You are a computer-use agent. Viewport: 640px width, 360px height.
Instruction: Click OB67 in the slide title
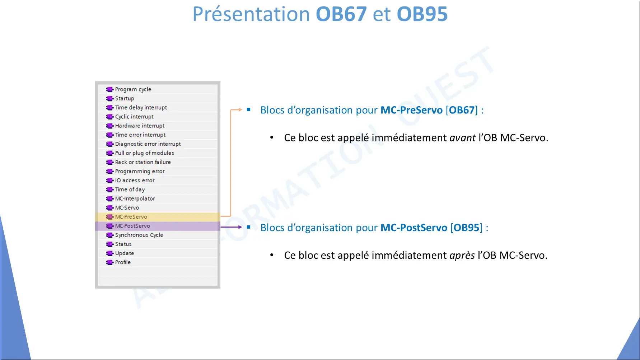pos(341,14)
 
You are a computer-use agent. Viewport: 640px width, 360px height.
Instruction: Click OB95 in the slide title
pos(422,14)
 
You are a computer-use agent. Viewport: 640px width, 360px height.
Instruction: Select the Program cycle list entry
pos(133,89)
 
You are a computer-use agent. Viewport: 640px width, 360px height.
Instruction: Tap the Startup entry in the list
pos(125,98)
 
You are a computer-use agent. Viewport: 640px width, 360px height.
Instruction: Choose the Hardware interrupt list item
pos(140,126)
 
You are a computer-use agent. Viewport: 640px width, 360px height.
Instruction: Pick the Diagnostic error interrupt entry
pos(148,144)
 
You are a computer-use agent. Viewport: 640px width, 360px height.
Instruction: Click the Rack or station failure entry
pos(143,162)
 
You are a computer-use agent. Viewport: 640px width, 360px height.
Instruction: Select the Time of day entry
pos(130,190)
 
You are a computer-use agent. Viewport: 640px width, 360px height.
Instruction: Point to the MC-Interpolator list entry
pos(135,198)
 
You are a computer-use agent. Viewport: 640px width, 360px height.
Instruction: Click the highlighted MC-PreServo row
pos(158,217)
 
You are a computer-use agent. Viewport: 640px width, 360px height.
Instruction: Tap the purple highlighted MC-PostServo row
pos(158,226)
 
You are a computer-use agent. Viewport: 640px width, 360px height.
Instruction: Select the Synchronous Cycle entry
pos(139,235)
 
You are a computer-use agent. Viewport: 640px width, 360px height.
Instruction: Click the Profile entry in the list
pos(123,262)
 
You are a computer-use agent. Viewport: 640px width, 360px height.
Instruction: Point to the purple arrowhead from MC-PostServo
pos(240,227)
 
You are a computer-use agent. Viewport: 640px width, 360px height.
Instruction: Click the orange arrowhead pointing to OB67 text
pos(240,109)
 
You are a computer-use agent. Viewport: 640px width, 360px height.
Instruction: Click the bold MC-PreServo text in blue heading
pos(411,110)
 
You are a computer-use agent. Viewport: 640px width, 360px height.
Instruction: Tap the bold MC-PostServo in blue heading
pos(414,228)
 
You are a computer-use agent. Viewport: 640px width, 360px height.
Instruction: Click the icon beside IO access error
pos(110,181)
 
